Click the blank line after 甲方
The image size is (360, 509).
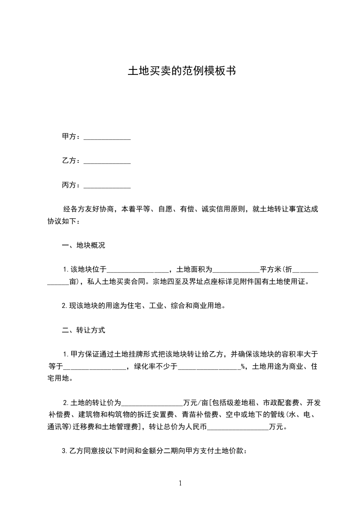(108, 137)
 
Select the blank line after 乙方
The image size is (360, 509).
(108, 162)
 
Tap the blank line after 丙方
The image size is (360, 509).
(108, 186)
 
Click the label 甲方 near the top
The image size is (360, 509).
(68, 137)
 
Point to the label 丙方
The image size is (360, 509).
(68, 185)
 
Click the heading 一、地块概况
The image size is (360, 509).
(83, 246)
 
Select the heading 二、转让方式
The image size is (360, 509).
(83, 330)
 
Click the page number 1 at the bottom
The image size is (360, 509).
(180, 484)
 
